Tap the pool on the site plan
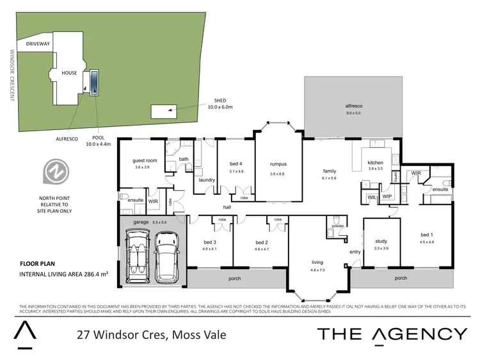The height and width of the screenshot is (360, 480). pos(95,81)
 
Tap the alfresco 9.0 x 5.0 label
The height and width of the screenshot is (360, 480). pos(353,109)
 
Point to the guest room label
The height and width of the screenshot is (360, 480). pos(145,160)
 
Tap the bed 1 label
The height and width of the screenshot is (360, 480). pos(427,234)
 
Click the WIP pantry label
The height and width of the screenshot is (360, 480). pos(387,197)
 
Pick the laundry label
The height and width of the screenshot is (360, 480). pos(207,180)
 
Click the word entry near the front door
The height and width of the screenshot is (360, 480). pos(355,252)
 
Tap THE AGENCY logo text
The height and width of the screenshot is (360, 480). pos(392,333)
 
